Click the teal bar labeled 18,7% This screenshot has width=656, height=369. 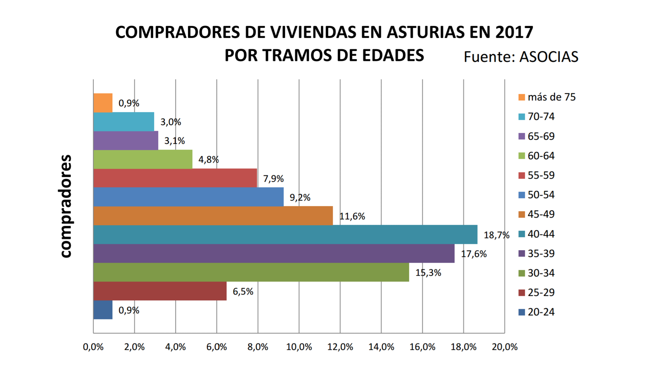pos(285,234)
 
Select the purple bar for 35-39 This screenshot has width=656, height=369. pos(273,253)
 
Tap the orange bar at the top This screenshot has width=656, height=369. pos(103,103)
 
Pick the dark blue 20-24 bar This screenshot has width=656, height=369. pos(103,310)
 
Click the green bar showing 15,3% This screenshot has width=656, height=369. pos(251,272)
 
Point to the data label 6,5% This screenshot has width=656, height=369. pos(243,291)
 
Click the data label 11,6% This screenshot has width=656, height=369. pos(352,216)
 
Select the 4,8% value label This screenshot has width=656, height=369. pos(208,160)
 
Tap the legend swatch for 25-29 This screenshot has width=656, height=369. pos(522,293)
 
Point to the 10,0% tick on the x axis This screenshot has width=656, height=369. pos(299,347)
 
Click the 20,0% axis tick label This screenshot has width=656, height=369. pos(505,347)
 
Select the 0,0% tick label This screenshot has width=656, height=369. pos(93,347)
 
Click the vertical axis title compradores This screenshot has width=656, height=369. pos(65,206)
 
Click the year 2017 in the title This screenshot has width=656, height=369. pos(514,32)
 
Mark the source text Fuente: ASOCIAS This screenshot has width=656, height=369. pos(521,57)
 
